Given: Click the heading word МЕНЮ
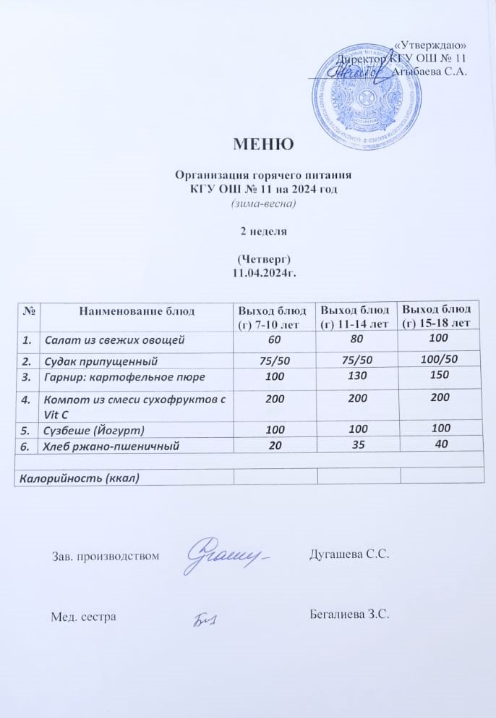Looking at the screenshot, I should tap(263, 143).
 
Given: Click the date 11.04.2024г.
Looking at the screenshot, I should tap(264, 273).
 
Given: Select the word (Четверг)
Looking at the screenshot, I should tap(264, 259).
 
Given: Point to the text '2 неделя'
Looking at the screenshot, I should tap(264, 232).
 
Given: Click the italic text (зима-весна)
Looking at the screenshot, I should tap(264, 203).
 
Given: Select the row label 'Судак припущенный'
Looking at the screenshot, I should tap(101, 360).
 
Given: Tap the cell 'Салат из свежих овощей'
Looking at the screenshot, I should tap(115, 339).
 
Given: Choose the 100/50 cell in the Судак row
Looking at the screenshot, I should tap(438, 359).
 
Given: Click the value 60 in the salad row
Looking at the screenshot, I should tap(275, 339).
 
